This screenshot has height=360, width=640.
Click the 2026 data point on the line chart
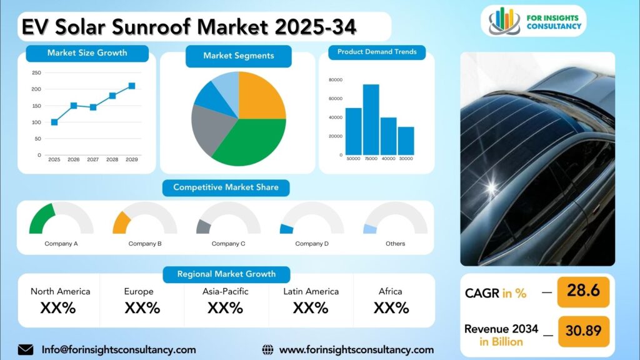pos(74,106)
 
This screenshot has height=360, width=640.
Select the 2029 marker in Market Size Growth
pos(132,86)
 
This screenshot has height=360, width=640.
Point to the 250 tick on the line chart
pos(36,72)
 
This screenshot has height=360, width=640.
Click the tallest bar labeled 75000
pos(371,119)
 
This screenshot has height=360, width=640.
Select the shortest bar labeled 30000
pos(406,141)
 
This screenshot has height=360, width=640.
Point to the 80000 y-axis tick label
pos(336,80)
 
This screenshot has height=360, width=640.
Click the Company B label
pos(145,244)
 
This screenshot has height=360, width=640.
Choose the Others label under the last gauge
pos(396,244)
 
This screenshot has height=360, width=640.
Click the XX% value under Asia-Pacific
pos(225,307)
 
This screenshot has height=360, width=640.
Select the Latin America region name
pos(311,291)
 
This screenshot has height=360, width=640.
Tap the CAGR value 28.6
pos(583,291)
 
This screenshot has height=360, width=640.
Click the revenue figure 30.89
pos(584,330)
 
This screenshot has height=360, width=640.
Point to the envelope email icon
pos(26,350)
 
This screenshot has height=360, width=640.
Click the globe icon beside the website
pos(267,350)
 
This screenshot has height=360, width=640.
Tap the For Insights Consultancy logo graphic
pos(504,21)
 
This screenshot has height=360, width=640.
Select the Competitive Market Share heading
pos(226,187)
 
